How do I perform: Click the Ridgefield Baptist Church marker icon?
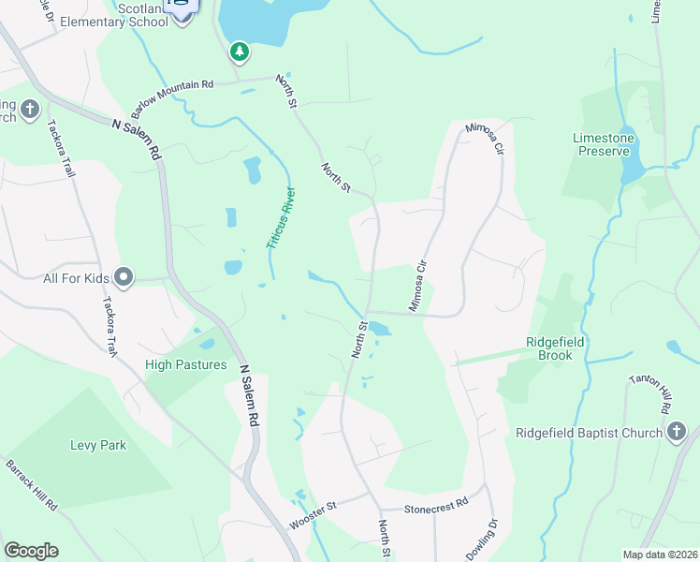point(678,432)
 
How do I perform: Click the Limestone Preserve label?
point(604,144)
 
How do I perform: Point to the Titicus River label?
point(281,218)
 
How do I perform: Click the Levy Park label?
point(98,445)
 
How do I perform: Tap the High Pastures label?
point(186,364)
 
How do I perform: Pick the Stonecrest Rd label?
point(436,507)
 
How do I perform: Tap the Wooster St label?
point(312,516)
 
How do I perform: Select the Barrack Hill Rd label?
point(33,483)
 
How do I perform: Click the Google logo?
point(31,551)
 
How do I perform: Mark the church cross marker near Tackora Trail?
point(29,110)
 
